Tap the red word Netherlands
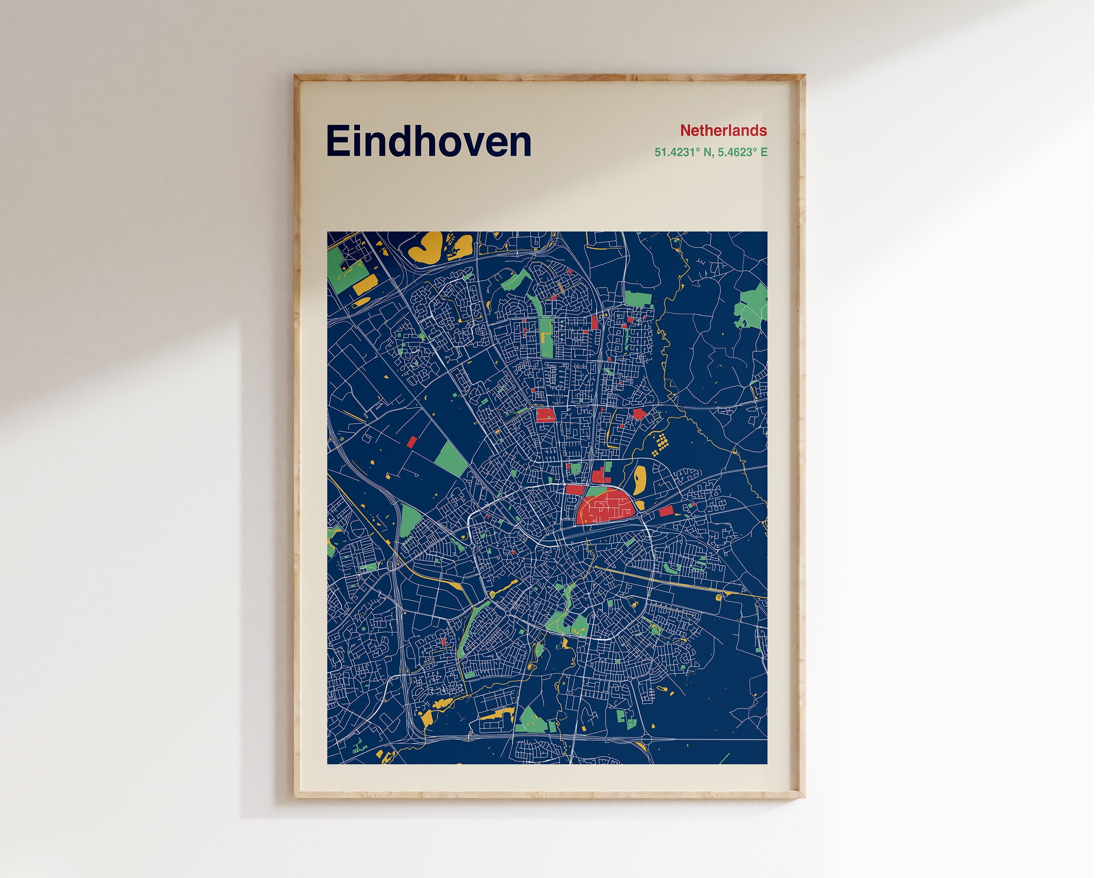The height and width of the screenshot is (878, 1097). [723, 131]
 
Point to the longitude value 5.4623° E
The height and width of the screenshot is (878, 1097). [743, 152]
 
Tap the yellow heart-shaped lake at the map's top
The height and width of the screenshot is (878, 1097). [426, 247]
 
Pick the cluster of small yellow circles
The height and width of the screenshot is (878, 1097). [660, 444]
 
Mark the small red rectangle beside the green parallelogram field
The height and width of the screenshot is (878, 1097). [412, 441]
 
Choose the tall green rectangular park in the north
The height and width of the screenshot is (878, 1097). [546, 337]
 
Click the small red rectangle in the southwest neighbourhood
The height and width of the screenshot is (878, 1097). [443, 642]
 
